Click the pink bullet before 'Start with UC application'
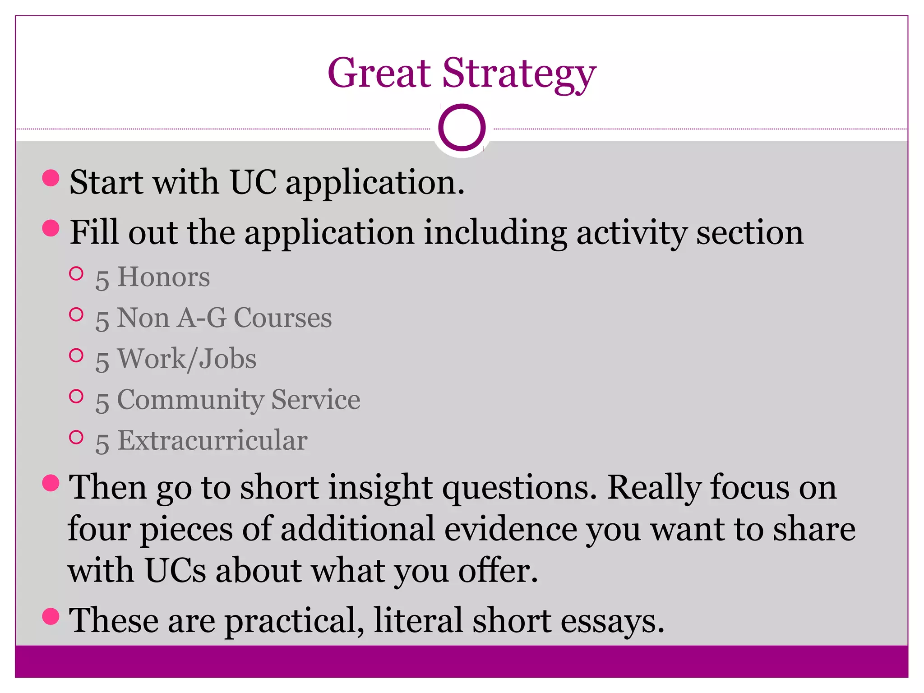coord(51,178)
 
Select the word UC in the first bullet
coord(253,182)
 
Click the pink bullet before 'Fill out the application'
coord(51,228)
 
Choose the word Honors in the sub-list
coord(163,277)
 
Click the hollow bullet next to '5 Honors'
coord(77,274)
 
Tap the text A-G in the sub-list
coord(201,318)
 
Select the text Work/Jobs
coord(187,359)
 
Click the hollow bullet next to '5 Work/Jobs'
coord(77,356)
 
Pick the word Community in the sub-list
coord(190,400)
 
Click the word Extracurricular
coord(212,440)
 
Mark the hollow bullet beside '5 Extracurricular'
coord(77,437)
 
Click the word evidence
coord(510,529)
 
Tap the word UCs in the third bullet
coord(175,570)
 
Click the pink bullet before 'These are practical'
coord(51,616)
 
